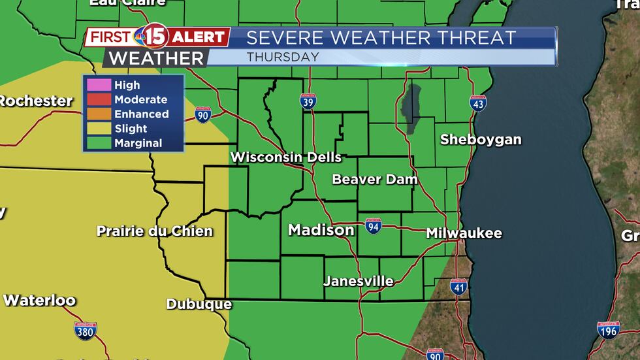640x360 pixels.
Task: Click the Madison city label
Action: (321, 230)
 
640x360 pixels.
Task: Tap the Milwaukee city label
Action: (464, 233)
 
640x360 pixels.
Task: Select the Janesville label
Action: (359, 282)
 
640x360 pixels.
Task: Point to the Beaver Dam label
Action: (374, 179)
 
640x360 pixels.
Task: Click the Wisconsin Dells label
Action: (286, 157)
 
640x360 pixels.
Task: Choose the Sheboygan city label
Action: (481, 139)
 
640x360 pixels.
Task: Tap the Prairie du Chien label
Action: (155, 231)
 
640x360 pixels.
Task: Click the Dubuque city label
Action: (199, 304)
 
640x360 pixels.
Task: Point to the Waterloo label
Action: (39, 301)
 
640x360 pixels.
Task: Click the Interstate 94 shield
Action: (373, 226)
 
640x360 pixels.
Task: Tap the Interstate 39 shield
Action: (309, 101)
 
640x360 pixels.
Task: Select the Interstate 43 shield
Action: (478, 103)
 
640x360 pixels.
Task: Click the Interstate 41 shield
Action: (459, 286)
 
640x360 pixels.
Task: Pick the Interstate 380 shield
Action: (86, 330)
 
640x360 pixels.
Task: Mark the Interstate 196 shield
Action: (609, 330)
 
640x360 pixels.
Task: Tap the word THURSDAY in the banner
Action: (283, 57)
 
